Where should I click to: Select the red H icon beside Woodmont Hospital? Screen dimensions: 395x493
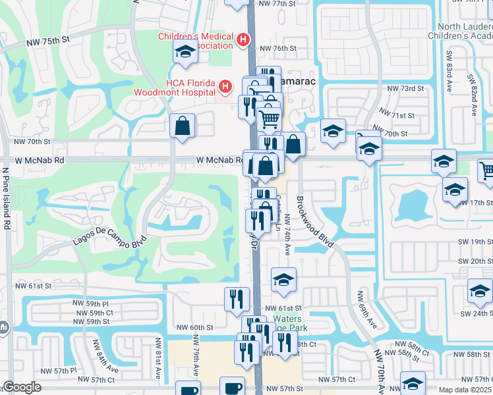226,86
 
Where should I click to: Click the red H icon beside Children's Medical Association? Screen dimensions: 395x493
243,40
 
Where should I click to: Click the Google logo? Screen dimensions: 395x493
22,387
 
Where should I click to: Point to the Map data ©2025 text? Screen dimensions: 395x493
465,390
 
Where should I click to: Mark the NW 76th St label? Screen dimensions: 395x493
275,48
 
